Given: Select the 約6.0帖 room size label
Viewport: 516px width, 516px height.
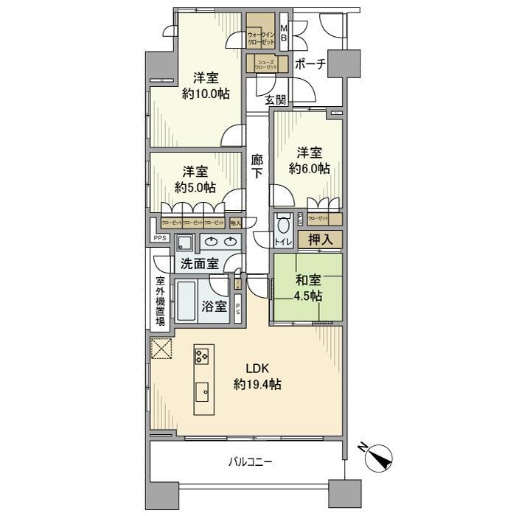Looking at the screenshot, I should [309, 168].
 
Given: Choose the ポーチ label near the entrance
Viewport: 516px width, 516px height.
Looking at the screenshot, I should [310, 64].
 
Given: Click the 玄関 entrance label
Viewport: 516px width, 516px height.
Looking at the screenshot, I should [276, 100].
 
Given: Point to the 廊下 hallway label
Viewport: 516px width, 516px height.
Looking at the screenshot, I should [257, 166].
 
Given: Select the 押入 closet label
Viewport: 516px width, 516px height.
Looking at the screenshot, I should [320, 240].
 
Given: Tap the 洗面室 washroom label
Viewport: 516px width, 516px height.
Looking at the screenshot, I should [198, 263].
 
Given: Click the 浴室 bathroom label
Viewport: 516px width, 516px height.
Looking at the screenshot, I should [214, 306].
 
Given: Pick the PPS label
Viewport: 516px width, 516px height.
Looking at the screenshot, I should [159, 238].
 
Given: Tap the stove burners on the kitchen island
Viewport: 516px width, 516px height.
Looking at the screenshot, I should [202, 357].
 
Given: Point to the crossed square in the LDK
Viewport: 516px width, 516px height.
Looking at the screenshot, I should [161, 349].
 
